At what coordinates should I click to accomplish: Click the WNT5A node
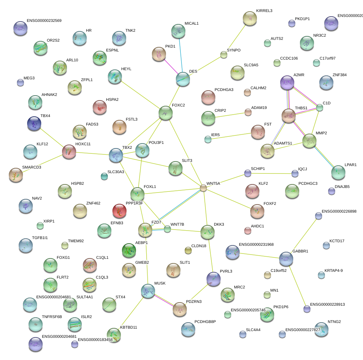pos(203,188)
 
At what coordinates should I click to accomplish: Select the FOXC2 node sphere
pos(166,113)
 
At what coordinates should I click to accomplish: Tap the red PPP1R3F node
pos(119,211)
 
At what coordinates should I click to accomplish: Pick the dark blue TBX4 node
pos(34,123)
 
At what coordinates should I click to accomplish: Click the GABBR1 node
pos(286,259)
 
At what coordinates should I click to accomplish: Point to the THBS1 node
pos(289,116)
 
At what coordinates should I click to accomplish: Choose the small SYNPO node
pos(224,55)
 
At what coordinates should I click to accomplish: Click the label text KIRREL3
pos(264,11)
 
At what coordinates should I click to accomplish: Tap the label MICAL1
pos(192,24)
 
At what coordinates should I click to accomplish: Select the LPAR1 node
pos(338,172)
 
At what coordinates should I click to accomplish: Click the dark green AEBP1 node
pos(129,250)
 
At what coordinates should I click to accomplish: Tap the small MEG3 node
pos(20,83)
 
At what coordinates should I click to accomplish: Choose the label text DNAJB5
pos(342,187)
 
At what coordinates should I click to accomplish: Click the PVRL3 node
pos(213,279)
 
